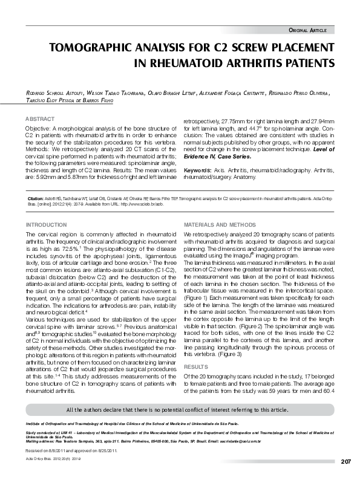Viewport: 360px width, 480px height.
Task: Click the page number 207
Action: pyautogui.click(x=345, y=461)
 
